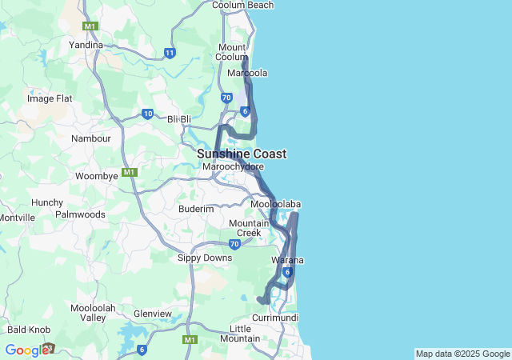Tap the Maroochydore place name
(233, 166)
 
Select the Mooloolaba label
(275, 205)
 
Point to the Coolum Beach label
(242, 5)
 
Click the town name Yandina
(86, 45)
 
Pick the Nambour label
(90, 138)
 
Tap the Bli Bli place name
(179, 119)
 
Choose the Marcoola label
(247, 73)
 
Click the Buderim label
(196, 209)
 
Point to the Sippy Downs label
(206, 258)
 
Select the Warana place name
(288, 261)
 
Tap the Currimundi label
(274, 318)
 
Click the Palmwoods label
(80, 214)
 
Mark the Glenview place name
(152, 314)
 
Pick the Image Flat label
(50, 98)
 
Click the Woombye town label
(96, 176)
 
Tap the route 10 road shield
(147, 114)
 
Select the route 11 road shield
(170, 53)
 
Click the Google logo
(26, 350)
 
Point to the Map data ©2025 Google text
(462, 354)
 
